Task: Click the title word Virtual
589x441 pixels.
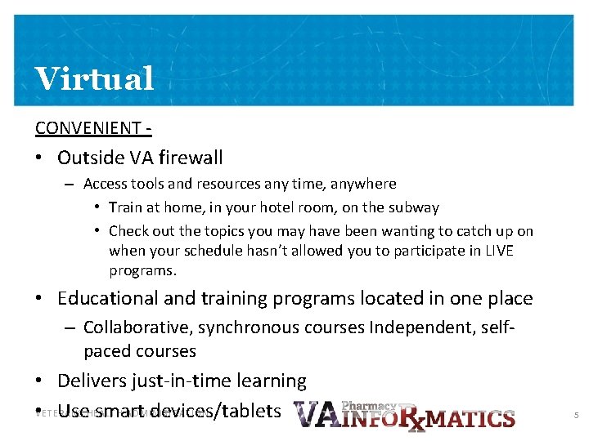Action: pyautogui.click(x=94, y=78)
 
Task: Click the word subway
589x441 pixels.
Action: pyautogui.click(x=415, y=207)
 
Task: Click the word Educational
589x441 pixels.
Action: pyautogui.click(x=113, y=299)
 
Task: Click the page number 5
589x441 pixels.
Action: pyautogui.click(x=576, y=416)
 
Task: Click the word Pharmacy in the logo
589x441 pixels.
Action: pyautogui.click(x=368, y=406)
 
